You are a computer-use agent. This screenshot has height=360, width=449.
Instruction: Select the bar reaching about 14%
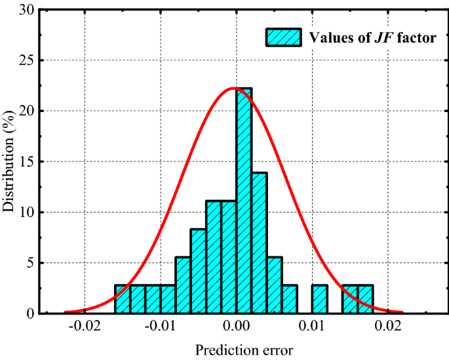coord(259,243)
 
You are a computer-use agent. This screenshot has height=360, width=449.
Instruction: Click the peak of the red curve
coord(234,88)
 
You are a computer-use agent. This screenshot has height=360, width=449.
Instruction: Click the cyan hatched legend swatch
coord(283,37)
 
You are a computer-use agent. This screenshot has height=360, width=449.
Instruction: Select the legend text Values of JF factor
coord(372,37)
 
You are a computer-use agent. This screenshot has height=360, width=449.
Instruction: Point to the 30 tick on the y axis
coord(26,10)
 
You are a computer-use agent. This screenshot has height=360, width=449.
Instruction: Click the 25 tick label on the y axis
coord(26,60)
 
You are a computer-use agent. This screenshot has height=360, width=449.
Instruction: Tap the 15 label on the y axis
coord(26,162)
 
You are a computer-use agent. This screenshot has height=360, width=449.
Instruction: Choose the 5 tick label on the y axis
coord(29,263)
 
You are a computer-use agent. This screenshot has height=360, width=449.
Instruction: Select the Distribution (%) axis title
coord(9,162)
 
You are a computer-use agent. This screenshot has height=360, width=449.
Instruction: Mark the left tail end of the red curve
coord(66,312)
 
